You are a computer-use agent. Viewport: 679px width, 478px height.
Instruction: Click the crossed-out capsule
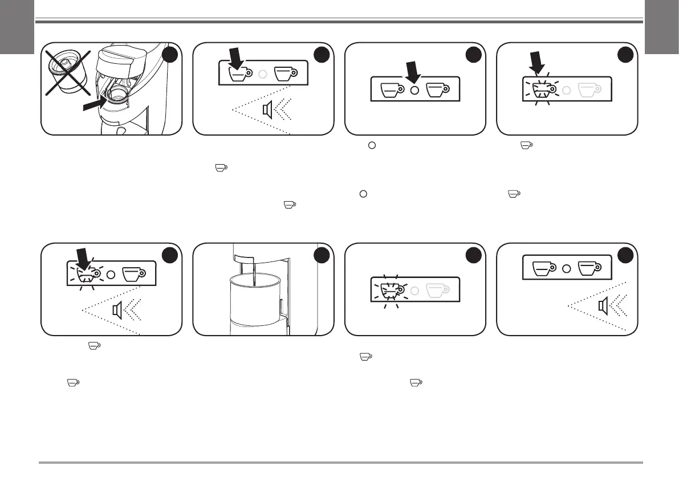click(x=68, y=72)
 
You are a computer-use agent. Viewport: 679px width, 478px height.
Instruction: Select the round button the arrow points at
click(x=415, y=90)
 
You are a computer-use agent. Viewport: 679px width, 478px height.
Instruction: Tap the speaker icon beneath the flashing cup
click(x=117, y=311)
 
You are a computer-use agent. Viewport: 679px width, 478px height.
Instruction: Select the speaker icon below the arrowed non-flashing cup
click(x=266, y=111)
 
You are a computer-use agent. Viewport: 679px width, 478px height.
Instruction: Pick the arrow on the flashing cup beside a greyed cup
click(x=535, y=63)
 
